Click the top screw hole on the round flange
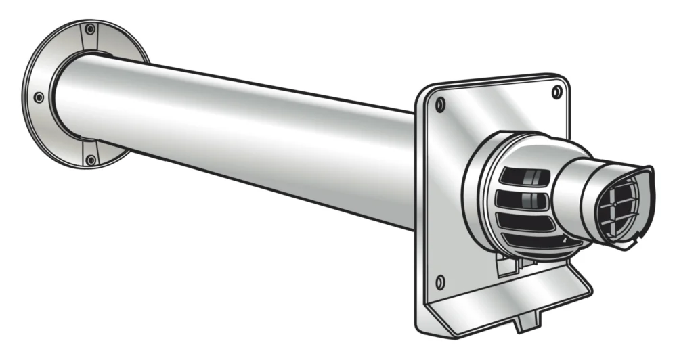[x=89, y=30]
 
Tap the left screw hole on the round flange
[x=39, y=97]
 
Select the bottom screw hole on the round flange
[x=90, y=160]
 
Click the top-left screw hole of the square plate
[x=441, y=104]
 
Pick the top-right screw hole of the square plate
[x=556, y=92]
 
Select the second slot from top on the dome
[x=521, y=200]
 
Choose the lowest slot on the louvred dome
[x=535, y=240]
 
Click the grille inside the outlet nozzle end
[x=619, y=206]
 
